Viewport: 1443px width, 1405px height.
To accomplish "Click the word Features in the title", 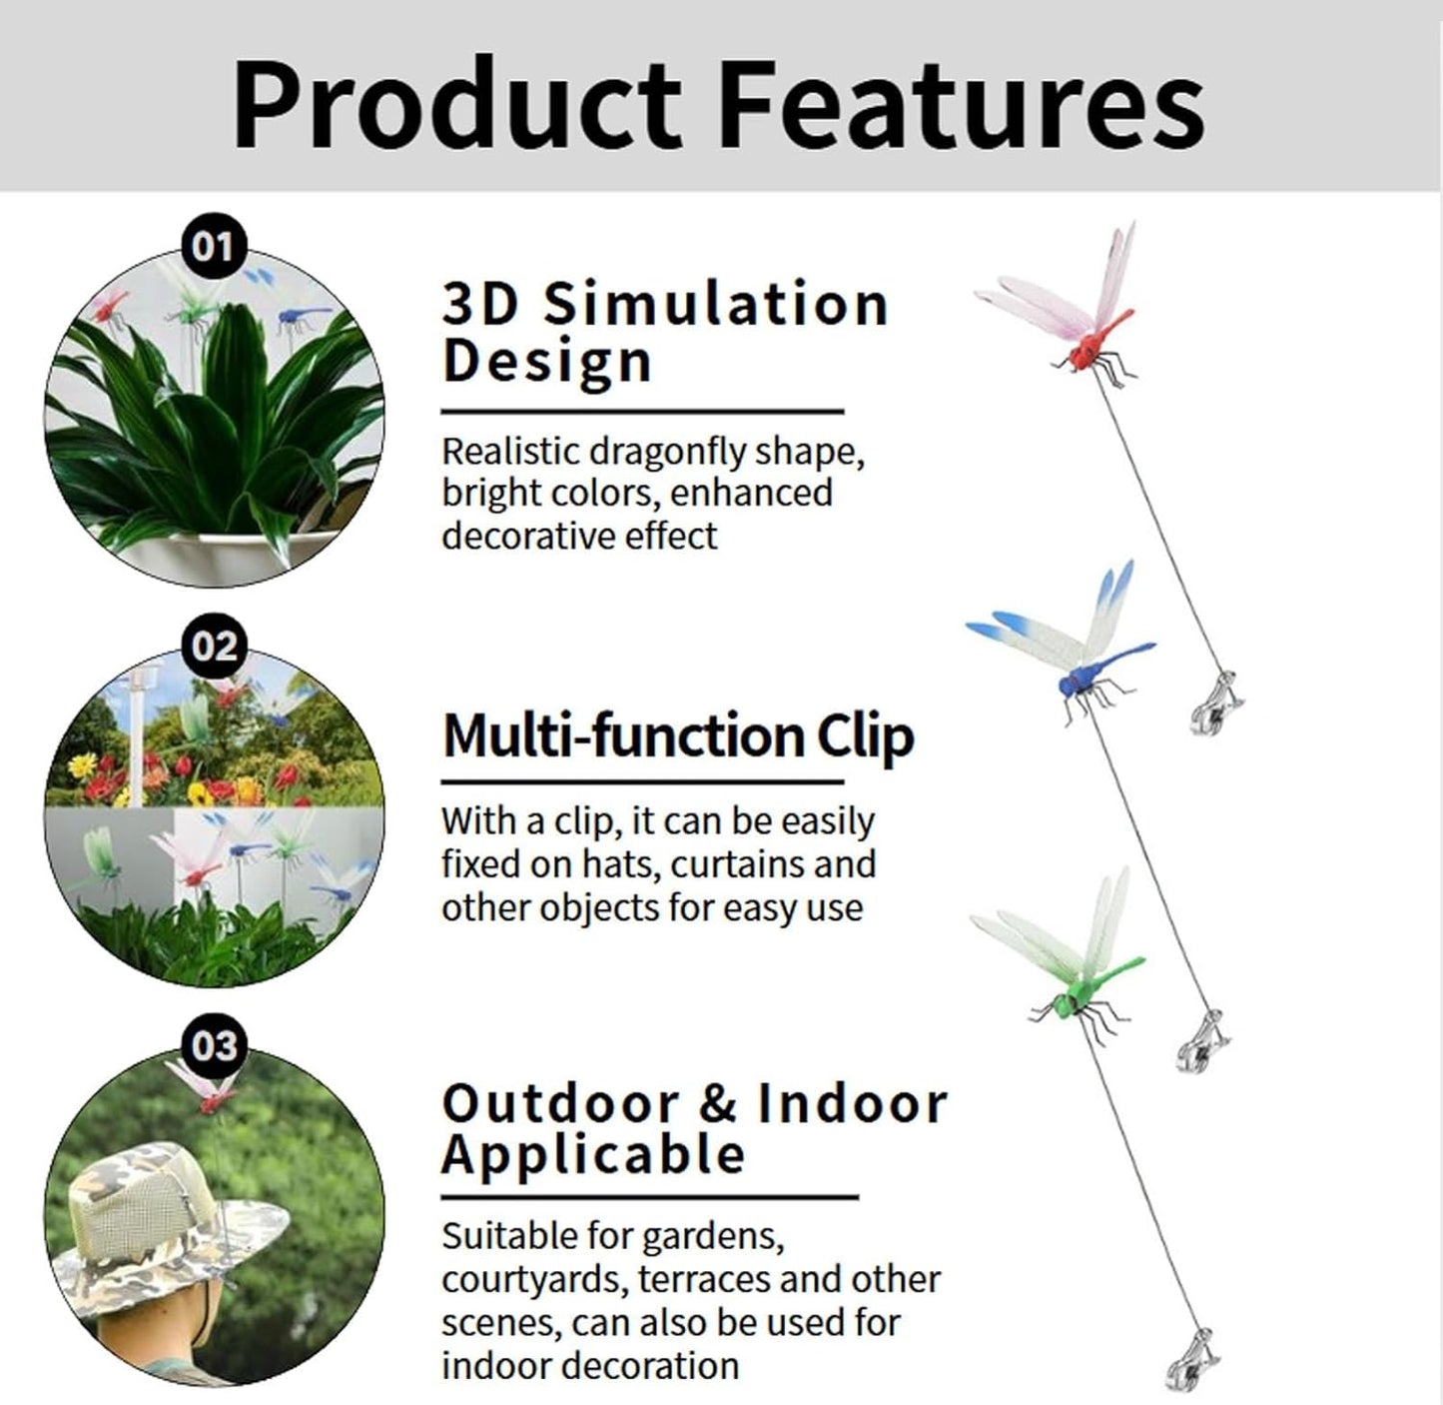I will [x=961, y=105].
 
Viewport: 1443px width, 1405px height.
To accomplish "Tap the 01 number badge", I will [x=213, y=246].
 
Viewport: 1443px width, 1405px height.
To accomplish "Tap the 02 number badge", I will [x=213, y=646].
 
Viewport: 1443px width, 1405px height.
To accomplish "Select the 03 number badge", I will [x=213, y=1045].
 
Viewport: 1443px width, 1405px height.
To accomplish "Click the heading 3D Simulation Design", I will [x=664, y=332].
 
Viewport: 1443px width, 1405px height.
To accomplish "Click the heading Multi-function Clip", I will [x=678, y=736].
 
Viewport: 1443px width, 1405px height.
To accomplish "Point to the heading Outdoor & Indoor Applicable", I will [x=694, y=1129].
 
